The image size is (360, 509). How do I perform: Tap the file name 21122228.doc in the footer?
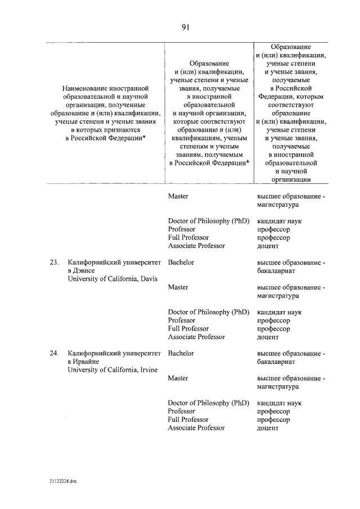point(63,482)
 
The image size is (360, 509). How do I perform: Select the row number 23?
point(54,262)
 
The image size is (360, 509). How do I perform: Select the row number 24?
point(54,353)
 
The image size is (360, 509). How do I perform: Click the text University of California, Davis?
point(112,278)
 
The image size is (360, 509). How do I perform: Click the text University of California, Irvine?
point(112,370)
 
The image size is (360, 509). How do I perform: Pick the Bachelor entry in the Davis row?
point(181,262)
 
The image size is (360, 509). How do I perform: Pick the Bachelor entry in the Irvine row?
point(181,353)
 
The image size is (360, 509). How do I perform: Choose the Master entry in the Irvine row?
point(178,379)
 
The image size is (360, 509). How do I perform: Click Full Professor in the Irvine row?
point(188,420)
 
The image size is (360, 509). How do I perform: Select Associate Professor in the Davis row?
point(196,337)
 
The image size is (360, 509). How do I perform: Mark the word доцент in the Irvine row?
point(268,428)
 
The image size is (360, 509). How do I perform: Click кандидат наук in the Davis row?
point(279,312)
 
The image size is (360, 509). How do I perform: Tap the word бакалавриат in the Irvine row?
point(276,362)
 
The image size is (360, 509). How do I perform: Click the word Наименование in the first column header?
point(89,88)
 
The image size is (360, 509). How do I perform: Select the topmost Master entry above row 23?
point(178,196)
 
